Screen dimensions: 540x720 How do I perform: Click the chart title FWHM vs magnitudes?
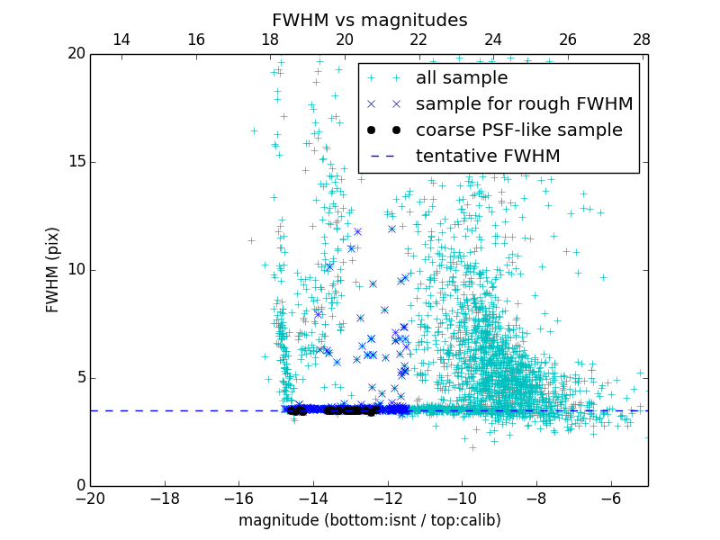[369, 20]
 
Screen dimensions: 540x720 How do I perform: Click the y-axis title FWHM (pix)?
[53, 270]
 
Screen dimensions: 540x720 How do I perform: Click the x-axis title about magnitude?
[369, 520]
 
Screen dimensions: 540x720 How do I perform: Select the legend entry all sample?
[462, 78]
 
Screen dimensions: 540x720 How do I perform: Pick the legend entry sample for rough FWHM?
[524, 103]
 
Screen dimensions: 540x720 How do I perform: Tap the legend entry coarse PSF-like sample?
[518, 130]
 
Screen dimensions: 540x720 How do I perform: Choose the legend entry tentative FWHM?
[488, 156]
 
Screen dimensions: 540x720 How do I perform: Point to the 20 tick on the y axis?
[76, 54]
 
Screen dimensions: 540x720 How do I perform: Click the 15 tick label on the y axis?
[76, 162]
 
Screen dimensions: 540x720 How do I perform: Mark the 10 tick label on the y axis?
[76, 270]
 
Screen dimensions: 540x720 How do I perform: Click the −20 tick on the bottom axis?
[90, 498]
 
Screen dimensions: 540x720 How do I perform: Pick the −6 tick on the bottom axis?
[611, 498]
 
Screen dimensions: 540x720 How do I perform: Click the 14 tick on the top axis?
[121, 40]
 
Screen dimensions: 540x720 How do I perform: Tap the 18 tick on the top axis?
[270, 40]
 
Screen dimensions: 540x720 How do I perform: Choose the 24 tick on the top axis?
[493, 40]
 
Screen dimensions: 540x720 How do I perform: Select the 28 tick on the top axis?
[642, 40]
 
